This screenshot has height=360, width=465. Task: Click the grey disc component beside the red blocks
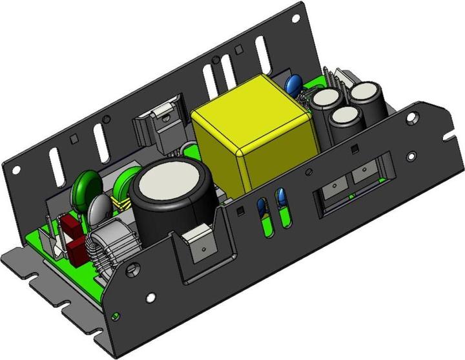[100, 209]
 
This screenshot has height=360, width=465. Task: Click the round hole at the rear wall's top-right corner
[295, 19]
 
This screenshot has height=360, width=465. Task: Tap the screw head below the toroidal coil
[134, 267]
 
